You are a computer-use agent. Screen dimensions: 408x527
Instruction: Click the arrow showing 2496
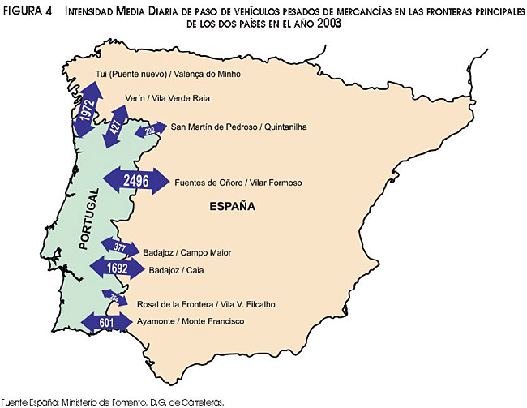click(135, 181)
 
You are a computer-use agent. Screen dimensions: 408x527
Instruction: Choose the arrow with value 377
click(120, 247)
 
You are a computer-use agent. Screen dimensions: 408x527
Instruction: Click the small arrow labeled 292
click(149, 130)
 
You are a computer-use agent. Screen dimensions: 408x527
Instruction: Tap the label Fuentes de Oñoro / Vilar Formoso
click(238, 183)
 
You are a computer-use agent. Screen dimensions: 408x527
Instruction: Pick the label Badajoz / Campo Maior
click(186, 252)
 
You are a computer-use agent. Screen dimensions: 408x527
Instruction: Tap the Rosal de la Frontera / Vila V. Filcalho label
click(206, 304)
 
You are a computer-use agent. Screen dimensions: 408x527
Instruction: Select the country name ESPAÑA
click(233, 207)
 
